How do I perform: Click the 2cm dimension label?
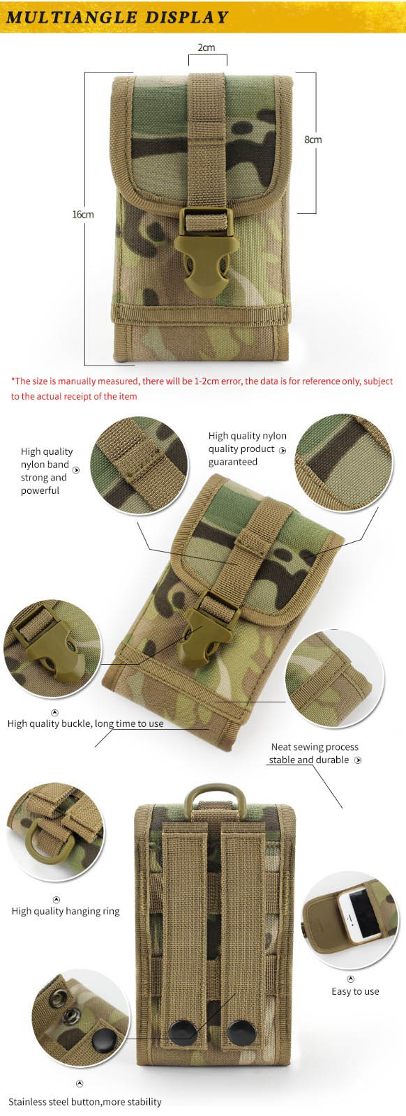coord(206,47)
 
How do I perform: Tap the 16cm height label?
coord(83,214)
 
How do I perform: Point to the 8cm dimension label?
coord(313,139)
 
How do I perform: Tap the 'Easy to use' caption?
coord(355,991)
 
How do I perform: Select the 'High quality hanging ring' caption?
coord(66,911)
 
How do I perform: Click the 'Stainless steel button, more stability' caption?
coord(84,1101)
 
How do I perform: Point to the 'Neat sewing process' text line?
coord(315,747)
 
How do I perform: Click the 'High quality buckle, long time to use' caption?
coord(85,723)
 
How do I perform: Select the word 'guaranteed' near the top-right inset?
coord(232,462)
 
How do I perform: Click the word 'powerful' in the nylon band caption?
coord(40,491)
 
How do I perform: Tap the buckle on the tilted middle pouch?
coord(205,628)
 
